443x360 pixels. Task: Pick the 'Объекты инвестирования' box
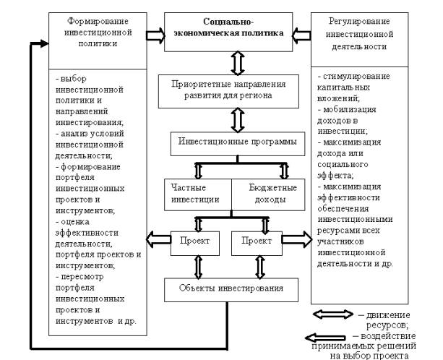click(231, 291)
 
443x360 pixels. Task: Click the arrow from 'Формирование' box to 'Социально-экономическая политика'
click(154, 34)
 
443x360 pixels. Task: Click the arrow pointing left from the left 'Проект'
click(156, 238)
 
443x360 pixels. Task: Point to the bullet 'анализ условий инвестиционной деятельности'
click(90, 144)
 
